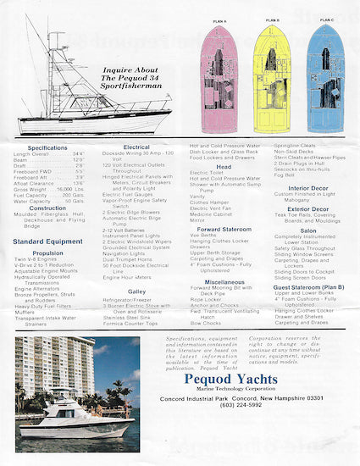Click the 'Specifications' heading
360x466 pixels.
tap(47, 147)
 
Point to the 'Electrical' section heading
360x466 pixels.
tap(136, 147)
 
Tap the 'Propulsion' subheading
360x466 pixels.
tap(48, 252)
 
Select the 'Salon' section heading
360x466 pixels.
tap(308, 230)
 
